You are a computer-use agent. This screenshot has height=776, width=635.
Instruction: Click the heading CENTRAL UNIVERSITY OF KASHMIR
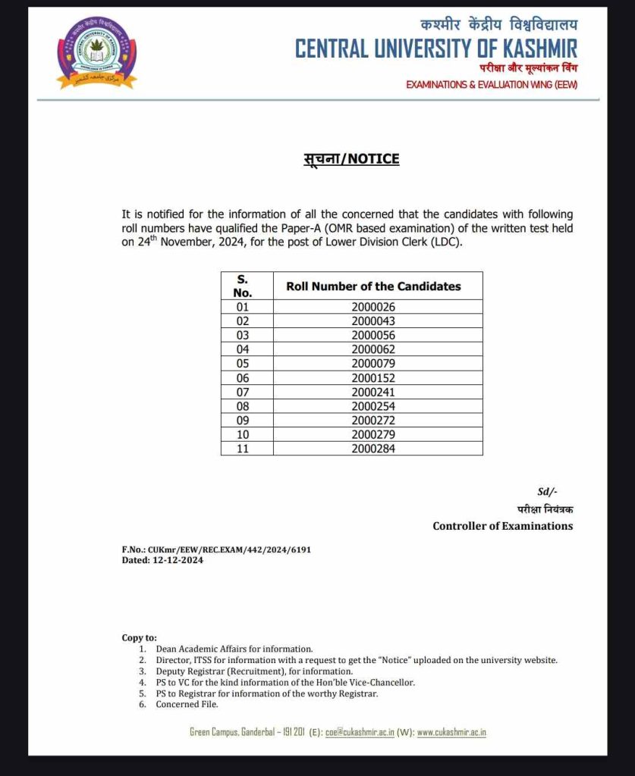point(435,49)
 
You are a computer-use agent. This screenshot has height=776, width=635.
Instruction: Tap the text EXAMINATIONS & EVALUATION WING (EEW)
point(492,85)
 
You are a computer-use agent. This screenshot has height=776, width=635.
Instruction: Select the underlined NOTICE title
point(346,158)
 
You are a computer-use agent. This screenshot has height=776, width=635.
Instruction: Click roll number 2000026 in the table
point(373,307)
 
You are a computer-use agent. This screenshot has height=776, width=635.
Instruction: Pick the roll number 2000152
point(373,378)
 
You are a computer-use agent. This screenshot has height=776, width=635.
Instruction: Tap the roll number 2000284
point(373,449)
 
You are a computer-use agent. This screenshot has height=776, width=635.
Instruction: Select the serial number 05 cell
point(242,364)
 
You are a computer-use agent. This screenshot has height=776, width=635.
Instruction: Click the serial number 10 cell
point(242,435)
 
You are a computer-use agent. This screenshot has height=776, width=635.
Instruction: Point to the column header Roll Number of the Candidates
point(373,286)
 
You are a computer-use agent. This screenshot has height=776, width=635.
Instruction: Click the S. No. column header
point(242,286)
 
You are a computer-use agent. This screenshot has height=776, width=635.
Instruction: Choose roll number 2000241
point(373,393)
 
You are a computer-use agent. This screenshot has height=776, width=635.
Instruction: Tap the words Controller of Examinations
point(502,526)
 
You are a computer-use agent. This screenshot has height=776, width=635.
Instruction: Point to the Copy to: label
point(139,638)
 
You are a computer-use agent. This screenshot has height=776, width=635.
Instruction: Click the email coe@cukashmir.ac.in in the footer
point(359,732)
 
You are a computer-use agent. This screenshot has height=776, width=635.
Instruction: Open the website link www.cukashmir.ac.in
point(451,732)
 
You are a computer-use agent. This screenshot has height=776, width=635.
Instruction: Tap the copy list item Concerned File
point(187,705)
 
